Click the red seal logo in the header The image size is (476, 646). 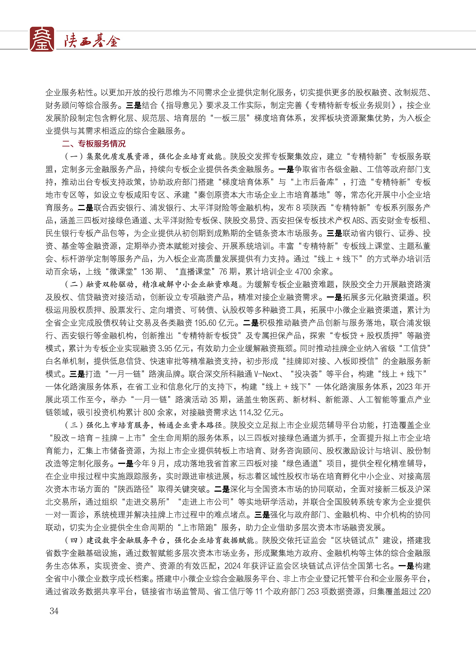42,39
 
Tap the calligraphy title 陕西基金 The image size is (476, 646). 92,41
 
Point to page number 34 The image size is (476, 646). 54,610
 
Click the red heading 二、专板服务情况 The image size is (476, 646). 94,144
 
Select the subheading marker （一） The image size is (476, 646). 74,156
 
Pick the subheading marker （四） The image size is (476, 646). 74,540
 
